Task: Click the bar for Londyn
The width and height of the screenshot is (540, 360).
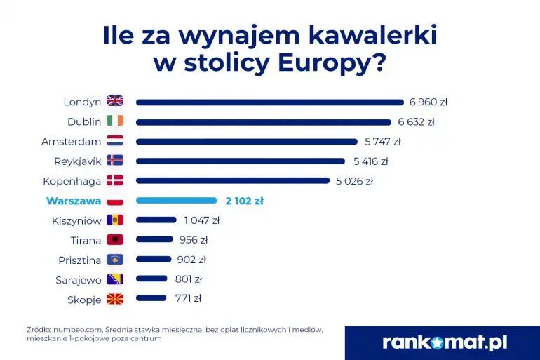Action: (270, 102)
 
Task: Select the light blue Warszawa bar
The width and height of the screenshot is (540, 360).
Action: (176, 200)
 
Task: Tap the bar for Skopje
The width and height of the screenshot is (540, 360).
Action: (151, 298)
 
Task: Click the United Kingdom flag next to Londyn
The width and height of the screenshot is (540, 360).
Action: (115, 101)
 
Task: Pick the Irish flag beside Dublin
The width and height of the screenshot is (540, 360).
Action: (115, 121)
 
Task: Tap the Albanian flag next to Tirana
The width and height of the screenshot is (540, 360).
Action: (115, 240)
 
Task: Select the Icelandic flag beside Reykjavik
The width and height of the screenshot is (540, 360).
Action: (115, 161)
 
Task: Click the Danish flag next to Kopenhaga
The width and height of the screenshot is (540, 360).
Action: (115, 180)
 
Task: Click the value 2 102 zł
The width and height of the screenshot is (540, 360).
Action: (244, 201)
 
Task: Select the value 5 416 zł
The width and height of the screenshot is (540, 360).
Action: (370, 161)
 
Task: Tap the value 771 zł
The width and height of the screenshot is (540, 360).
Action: (188, 298)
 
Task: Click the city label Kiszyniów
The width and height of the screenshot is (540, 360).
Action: (76, 220)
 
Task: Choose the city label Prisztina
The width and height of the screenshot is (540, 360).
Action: (79, 260)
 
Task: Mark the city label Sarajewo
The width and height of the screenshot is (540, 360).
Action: (78, 279)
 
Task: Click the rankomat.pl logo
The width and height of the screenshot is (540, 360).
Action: (445, 342)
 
